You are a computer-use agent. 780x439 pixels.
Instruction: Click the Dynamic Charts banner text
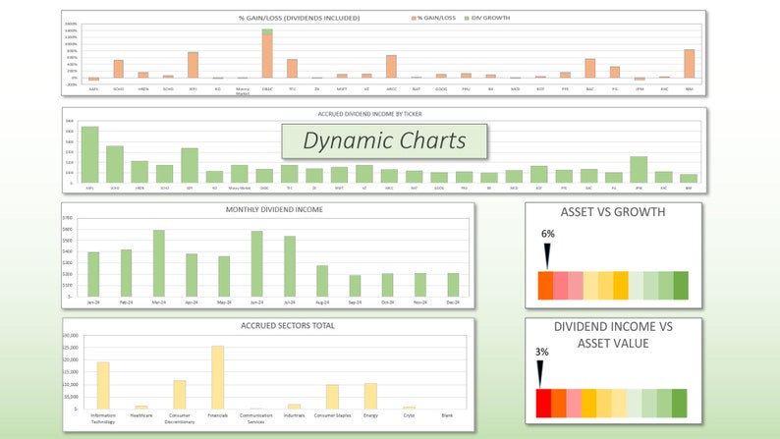[384, 140]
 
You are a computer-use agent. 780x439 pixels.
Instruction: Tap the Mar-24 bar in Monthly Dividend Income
[158, 262]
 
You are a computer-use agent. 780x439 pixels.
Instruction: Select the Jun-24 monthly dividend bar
[256, 263]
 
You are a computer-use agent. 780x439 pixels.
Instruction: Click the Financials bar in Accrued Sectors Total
[217, 377]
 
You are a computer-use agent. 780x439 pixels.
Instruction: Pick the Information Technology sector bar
[103, 385]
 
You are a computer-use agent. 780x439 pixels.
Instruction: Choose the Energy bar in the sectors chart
[370, 396]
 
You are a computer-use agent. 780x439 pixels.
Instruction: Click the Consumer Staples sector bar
[332, 397]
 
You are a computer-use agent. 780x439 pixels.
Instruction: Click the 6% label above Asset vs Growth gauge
[547, 234]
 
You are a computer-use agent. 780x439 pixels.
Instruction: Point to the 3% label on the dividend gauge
[541, 351]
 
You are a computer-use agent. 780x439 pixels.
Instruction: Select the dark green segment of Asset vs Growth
[681, 285]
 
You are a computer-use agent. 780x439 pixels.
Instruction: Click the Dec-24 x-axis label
[453, 302]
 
